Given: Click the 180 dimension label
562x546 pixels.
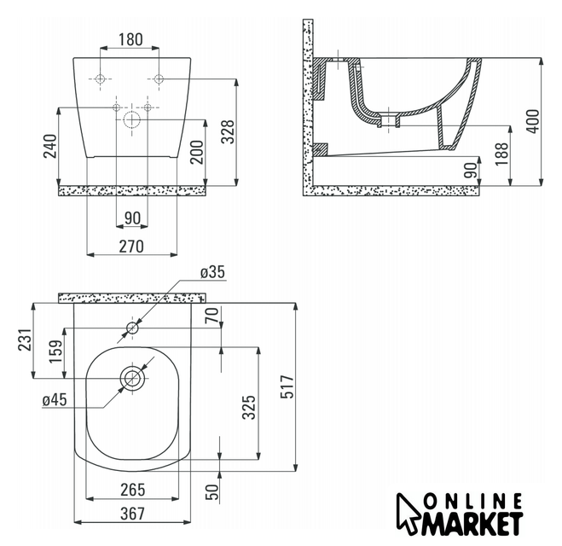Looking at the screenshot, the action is [x=130, y=39].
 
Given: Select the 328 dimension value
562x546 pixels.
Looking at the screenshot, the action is [x=227, y=132].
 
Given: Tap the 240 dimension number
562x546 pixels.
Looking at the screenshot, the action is [x=50, y=146].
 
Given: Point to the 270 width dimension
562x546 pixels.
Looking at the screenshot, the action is [x=131, y=247].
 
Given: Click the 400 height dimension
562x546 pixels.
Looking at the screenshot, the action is [x=533, y=121].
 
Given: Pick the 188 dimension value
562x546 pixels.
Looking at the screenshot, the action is [x=501, y=154].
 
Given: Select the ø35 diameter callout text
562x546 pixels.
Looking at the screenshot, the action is [x=213, y=272].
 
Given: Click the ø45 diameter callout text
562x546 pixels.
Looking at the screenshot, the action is [x=55, y=399].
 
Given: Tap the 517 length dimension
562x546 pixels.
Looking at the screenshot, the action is [x=287, y=386].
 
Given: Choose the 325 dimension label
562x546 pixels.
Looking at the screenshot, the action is [x=249, y=407].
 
